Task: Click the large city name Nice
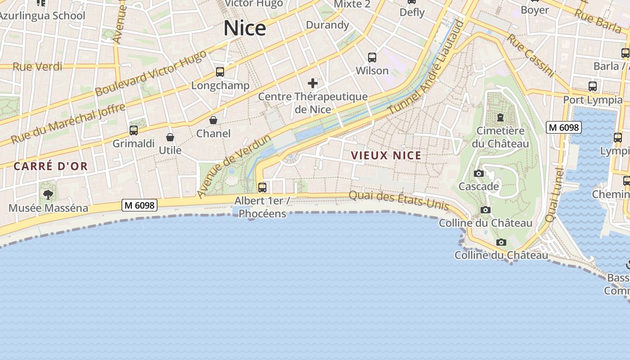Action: tap(245, 28)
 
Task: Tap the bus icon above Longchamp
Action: tap(220, 72)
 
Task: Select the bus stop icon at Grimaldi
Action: tap(134, 130)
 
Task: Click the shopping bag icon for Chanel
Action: tap(213, 120)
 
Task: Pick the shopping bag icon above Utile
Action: tap(170, 137)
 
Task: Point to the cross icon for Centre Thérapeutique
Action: tap(313, 83)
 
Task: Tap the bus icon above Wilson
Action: tap(372, 58)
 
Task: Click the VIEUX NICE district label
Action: tap(386, 156)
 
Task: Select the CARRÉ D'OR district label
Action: tap(50, 166)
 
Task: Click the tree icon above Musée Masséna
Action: tap(48, 195)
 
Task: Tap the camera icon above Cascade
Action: tap(479, 174)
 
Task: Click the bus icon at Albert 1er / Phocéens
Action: tap(262, 187)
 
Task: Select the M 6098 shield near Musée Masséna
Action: tap(139, 206)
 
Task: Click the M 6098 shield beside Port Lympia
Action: tap(564, 128)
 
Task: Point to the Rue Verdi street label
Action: tap(37, 67)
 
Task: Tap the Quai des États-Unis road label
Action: tap(399, 201)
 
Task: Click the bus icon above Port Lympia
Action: tap(593, 86)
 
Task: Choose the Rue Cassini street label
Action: tap(530, 54)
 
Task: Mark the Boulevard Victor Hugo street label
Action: tap(151, 73)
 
